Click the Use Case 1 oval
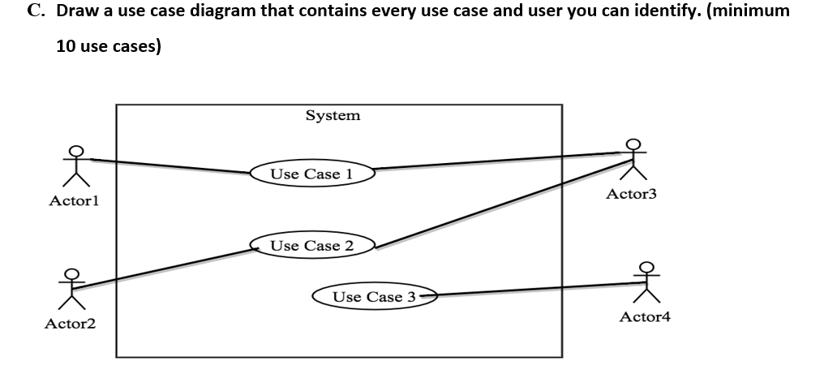311,174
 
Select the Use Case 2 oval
311,245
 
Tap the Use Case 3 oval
374,297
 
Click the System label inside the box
333,116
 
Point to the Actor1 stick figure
75,166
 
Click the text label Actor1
74,199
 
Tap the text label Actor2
70,324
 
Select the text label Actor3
631,194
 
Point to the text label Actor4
645,316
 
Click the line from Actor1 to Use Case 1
170,166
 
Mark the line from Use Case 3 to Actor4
535,289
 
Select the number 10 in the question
67,47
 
